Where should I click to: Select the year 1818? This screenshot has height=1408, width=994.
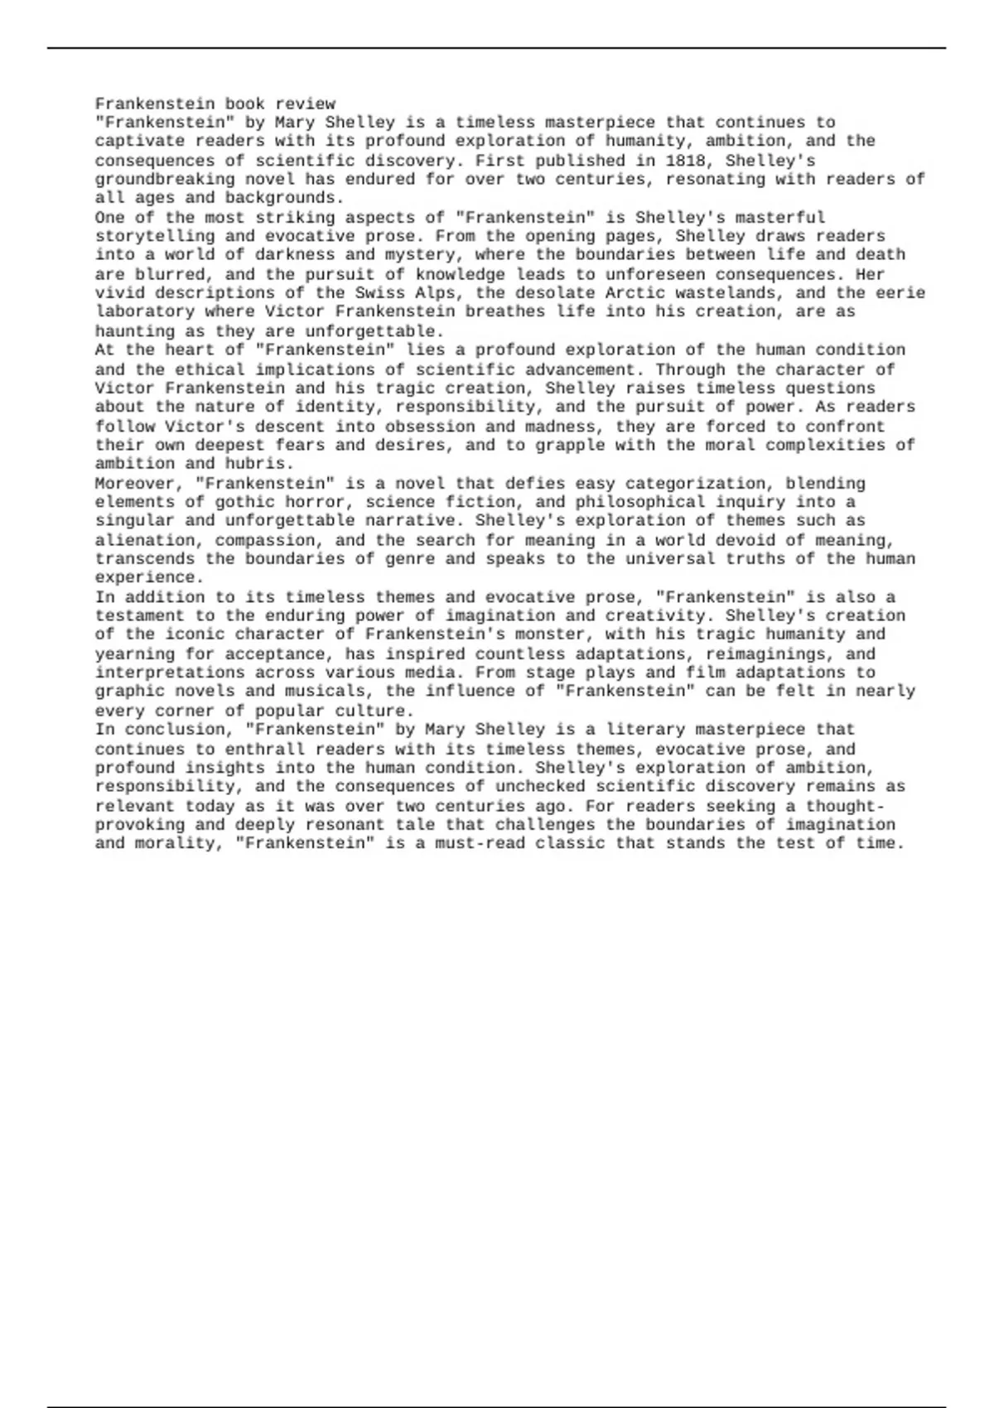coord(685,161)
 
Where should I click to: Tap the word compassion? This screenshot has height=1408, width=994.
coord(264,541)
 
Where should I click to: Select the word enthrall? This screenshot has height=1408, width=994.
coord(264,750)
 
